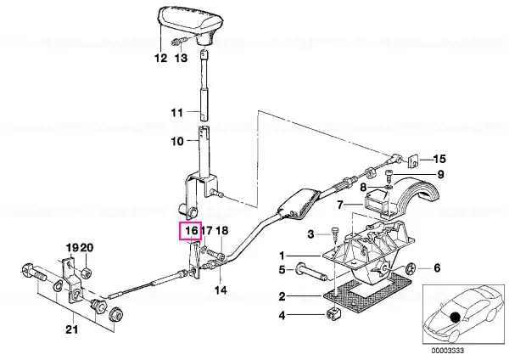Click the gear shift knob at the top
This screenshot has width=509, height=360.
click(191, 24)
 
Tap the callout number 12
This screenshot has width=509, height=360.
click(160, 58)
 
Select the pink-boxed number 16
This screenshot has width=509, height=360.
click(191, 231)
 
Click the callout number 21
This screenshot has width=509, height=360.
click(72, 329)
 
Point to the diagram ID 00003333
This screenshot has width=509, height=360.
click(448, 351)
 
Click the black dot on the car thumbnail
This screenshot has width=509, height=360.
click(455, 317)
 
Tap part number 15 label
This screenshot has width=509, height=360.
click(439, 160)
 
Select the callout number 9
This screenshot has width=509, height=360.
click(440, 175)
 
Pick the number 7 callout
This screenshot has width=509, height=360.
click(340, 205)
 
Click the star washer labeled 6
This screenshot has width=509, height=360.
click(411, 268)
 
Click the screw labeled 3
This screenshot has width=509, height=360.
click(334, 233)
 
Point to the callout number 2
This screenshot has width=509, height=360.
click(282, 296)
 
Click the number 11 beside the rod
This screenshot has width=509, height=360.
click(177, 113)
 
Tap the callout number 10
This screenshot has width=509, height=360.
click(177, 141)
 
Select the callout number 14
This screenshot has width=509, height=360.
click(221, 290)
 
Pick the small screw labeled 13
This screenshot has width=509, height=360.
click(178, 42)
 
